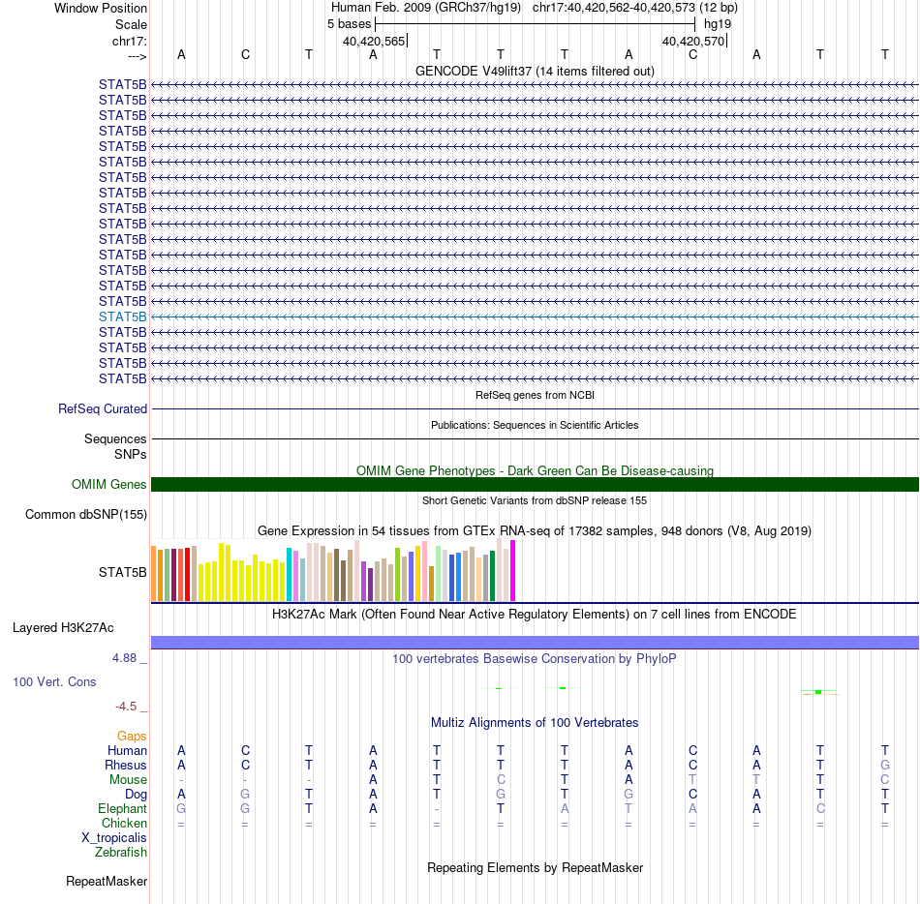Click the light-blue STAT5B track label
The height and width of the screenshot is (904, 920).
click(x=123, y=316)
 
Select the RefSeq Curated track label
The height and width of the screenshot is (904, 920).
click(x=103, y=409)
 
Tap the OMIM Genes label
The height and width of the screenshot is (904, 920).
click(x=109, y=485)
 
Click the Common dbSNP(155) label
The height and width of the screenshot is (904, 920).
click(x=86, y=515)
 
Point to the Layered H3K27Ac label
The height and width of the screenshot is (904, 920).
click(x=79, y=627)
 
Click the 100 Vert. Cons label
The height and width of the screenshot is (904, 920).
click(x=54, y=682)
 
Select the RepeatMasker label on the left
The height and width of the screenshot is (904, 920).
click(x=107, y=882)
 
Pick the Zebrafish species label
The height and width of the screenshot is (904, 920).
click(x=121, y=853)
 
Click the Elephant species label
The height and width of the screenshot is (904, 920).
click(x=122, y=809)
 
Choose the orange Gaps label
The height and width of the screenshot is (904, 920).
click(x=132, y=737)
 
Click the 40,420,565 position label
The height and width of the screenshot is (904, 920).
click(x=374, y=42)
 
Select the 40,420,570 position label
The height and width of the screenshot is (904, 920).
click(x=693, y=42)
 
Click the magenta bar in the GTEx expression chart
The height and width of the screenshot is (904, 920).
click(x=513, y=571)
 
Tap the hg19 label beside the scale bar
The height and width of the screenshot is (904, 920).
click(x=718, y=23)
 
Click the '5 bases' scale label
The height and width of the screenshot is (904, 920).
click(x=349, y=23)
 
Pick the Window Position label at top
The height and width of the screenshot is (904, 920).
click(x=101, y=8)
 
